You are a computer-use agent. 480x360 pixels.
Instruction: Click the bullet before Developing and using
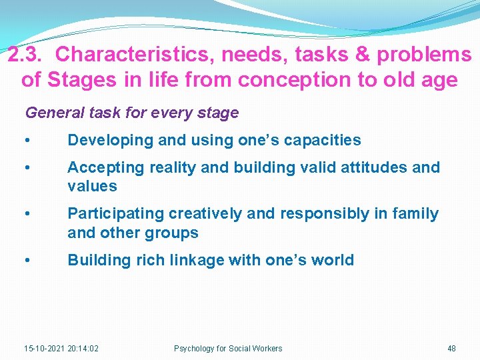click(x=26, y=141)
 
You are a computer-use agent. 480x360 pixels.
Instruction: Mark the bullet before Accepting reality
click(x=26, y=168)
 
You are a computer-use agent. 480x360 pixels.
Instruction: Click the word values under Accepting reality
click(x=92, y=186)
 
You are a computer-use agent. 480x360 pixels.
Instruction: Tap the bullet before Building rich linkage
click(x=26, y=261)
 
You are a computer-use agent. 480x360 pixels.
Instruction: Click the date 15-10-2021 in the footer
click(x=44, y=349)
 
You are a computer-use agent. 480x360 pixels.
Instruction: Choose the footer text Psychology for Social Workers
click(x=228, y=349)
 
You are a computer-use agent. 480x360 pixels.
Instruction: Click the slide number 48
click(x=451, y=349)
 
